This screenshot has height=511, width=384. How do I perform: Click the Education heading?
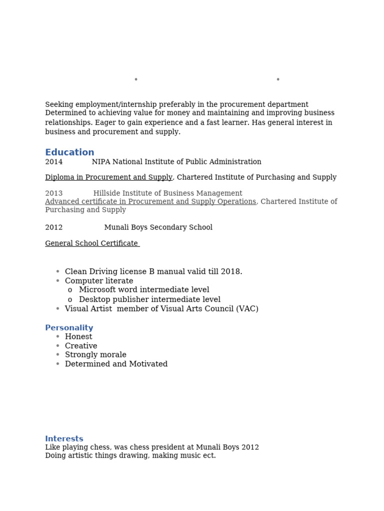click(x=69, y=153)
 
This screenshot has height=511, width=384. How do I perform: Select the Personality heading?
click(x=69, y=328)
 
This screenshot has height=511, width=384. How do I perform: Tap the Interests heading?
click(x=64, y=439)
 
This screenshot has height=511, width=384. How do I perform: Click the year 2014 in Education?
click(x=54, y=162)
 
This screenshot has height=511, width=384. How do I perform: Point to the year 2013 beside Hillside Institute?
click(x=54, y=194)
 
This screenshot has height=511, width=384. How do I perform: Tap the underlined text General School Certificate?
click(x=91, y=244)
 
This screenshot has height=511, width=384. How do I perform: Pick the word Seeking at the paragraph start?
click(x=59, y=105)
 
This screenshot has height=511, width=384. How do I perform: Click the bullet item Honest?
click(x=78, y=337)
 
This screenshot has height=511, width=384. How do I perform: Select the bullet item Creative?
click(x=81, y=346)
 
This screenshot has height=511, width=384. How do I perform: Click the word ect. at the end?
click(x=210, y=456)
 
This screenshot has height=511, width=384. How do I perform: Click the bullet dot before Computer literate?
click(x=58, y=281)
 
